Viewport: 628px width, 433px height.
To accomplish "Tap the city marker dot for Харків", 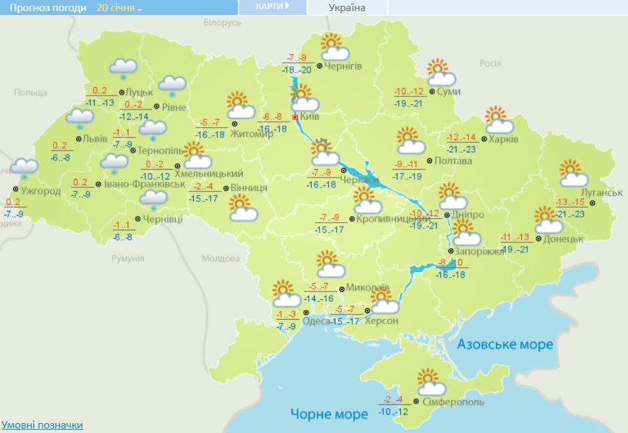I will [484, 139].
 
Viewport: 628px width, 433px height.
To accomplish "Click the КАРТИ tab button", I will [272, 7].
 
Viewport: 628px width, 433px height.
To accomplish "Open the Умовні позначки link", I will [42, 424].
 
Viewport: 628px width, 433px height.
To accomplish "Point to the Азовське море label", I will [505, 344].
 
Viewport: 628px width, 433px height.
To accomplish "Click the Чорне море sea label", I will [329, 414].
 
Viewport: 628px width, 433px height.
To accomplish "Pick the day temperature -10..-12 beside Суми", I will [409, 91].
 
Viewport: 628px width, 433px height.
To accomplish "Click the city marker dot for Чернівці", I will [138, 219].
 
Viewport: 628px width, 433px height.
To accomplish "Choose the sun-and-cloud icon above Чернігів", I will [335, 47].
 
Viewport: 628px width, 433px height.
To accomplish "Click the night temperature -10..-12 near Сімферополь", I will [393, 411].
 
